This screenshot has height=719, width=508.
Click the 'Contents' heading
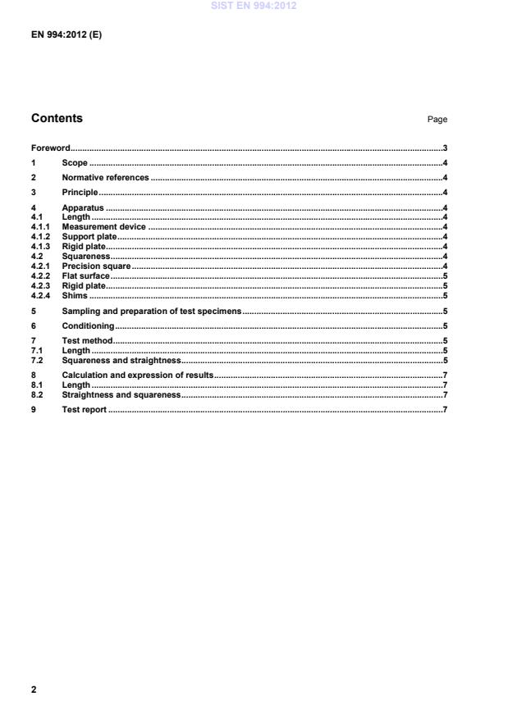point(57,118)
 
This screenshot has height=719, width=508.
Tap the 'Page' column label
point(437,120)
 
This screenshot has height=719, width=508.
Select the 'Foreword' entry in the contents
point(50,148)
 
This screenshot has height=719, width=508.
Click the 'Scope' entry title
point(75,163)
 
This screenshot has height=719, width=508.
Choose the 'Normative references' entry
point(105,177)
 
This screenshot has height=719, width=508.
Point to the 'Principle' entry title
point(80,192)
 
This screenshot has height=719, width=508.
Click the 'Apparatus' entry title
point(83,207)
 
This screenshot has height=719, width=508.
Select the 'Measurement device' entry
point(103,227)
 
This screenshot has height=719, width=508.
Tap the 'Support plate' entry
point(89,237)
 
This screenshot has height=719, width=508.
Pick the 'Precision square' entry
point(96,266)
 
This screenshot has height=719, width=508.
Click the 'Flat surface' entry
point(86,276)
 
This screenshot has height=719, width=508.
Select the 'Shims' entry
point(75,296)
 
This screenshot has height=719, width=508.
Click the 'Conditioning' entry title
point(88,326)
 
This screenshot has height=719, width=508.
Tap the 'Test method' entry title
point(87,340)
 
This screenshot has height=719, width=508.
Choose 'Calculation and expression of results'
point(137,375)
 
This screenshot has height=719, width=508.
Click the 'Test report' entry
point(84,409)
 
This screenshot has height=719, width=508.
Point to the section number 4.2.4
point(41,296)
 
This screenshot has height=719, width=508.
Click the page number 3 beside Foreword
point(444,148)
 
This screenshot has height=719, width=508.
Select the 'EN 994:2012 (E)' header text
point(66,36)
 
